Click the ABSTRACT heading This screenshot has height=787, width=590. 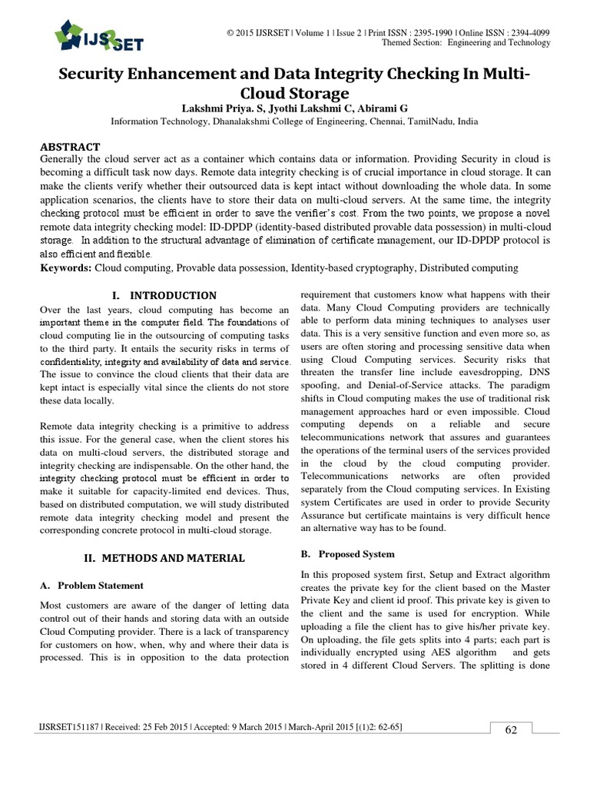(x=69, y=147)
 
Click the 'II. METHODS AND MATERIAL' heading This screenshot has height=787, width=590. (x=164, y=558)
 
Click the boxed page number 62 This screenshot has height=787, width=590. (x=510, y=730)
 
